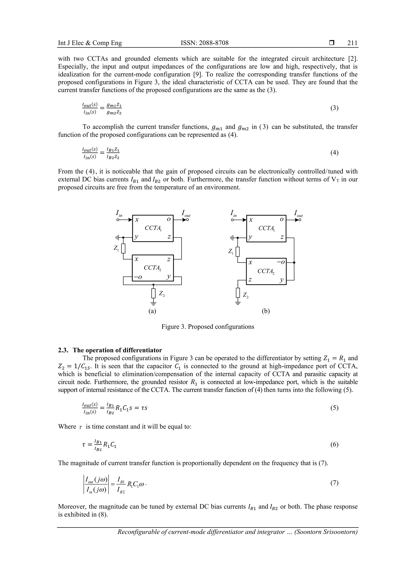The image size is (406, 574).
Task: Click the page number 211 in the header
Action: coord(352,43)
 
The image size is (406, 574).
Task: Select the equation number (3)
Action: coord(334,108)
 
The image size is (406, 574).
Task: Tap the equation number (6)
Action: coord(334,444)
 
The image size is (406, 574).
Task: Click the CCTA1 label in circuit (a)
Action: coord(153,228)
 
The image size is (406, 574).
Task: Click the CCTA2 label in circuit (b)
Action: coord(266,271)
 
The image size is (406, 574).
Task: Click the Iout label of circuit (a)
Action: coord(186,214)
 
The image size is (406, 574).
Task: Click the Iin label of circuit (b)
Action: coord(233,214)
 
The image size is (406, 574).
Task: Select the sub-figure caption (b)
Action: coord(266,311)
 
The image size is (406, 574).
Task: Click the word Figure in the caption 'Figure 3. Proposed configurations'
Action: coord(170,327)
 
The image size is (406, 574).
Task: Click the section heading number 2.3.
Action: coord(62,350)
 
